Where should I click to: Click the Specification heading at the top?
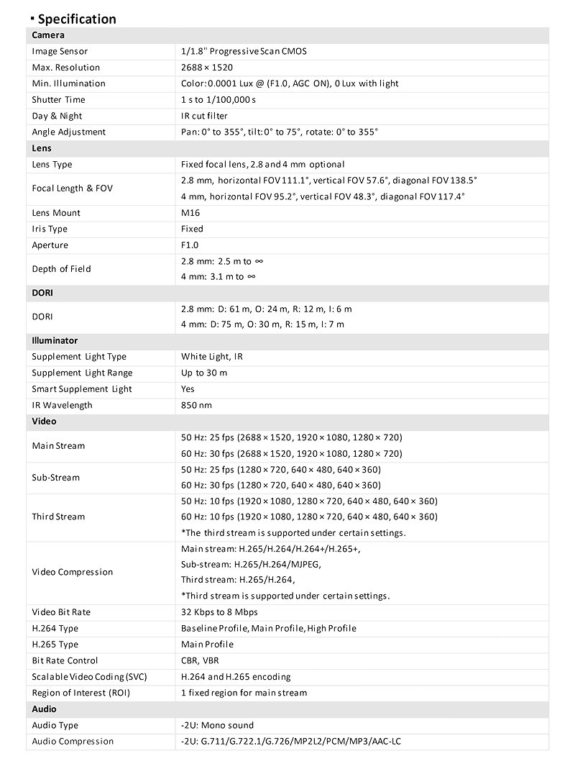77,19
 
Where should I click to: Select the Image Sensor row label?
60,52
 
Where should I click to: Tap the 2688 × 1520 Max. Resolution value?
207,68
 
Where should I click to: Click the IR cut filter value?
205,116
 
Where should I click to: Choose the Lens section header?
42,148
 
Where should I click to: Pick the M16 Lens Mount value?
191,213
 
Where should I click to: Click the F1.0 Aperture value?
190,245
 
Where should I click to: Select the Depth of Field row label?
61,269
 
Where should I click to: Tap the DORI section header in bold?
42,294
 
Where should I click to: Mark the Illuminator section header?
55,340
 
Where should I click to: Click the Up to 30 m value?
204,373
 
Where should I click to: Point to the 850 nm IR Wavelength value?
196,405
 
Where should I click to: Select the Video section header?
44,422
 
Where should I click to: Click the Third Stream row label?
58,517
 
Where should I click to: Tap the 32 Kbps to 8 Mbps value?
219,612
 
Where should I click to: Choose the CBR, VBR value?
201,660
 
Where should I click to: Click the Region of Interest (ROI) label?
81,693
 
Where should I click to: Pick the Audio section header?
44,709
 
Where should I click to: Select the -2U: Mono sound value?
217,725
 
